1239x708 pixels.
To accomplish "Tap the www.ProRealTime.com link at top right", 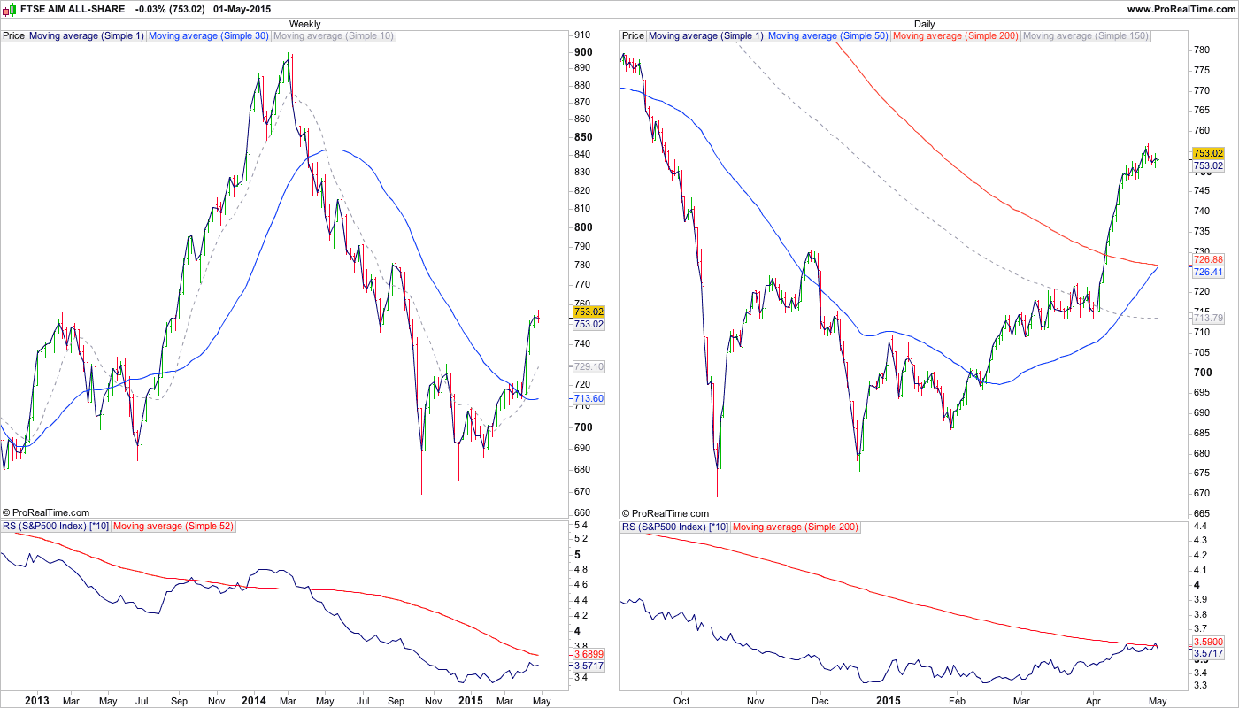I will pos(1181,9).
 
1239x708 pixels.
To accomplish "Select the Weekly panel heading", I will pos(305,24).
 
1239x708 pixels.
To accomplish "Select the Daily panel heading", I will pos(924,24).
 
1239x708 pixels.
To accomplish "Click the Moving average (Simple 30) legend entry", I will pos(209,36).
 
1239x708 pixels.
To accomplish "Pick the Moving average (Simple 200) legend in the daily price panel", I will pos(956,36).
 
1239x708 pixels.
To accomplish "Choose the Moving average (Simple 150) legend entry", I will pos(1086,36).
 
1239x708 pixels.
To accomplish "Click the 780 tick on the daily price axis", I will pos(1202,50).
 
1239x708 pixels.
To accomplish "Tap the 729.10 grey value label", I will pos(589,366).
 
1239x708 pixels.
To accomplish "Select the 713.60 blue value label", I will pos(589,399).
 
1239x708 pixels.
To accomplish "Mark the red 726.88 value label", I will pos(1208,260).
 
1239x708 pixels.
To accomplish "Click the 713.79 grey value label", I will pos(1208,318).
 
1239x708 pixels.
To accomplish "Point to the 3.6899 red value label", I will pos(589,653).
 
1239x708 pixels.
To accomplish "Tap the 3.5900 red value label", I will pos(1208,642).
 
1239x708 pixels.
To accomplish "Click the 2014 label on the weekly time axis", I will pos(253,701).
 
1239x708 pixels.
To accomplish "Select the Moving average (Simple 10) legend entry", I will pos(334,36).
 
